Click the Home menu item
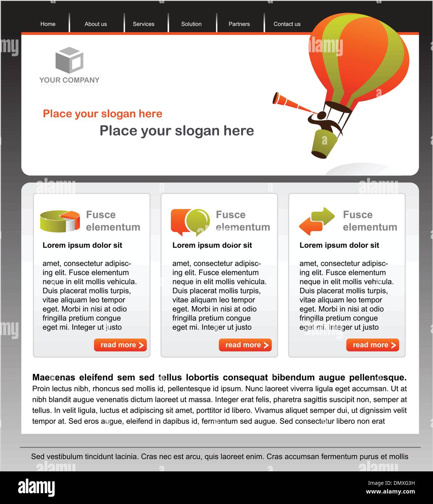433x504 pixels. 48,24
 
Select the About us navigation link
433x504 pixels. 96,24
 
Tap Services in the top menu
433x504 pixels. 143,24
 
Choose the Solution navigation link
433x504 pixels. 191,24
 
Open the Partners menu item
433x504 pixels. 239,24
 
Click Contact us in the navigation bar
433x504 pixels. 287,24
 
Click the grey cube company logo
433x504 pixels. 70,60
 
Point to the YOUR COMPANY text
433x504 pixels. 70,80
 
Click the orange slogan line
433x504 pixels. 102,113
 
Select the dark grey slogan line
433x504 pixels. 177,131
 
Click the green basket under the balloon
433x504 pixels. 324,144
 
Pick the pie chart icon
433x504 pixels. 60,221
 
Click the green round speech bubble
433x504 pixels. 198,222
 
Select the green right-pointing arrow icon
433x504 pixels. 323,216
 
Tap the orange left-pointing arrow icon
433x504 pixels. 311,226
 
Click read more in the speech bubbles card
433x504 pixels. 245,345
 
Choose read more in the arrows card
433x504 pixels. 373,345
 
